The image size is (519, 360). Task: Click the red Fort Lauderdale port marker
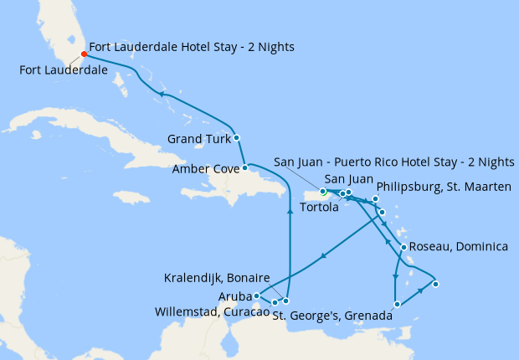tap(84, 54)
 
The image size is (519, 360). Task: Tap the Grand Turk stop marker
tap(237, 137)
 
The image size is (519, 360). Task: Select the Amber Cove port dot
tap(244, 168)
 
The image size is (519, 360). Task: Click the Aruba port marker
tap(256, 296)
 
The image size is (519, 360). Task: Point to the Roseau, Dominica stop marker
tap(403, 247)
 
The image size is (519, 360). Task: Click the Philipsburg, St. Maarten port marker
tap(376, 199)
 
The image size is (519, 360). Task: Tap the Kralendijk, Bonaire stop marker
tap(286, 301)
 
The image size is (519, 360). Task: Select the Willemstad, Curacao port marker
tap(275, 302)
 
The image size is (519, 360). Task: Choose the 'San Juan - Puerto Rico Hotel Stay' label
tap(394, 162)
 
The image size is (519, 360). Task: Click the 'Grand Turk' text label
tap(198, 138)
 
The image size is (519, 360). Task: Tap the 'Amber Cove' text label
tap(202, 169)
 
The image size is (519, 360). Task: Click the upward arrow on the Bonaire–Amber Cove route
tap(290, 212)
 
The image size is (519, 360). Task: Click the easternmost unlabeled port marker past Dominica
tap(435, 284)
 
